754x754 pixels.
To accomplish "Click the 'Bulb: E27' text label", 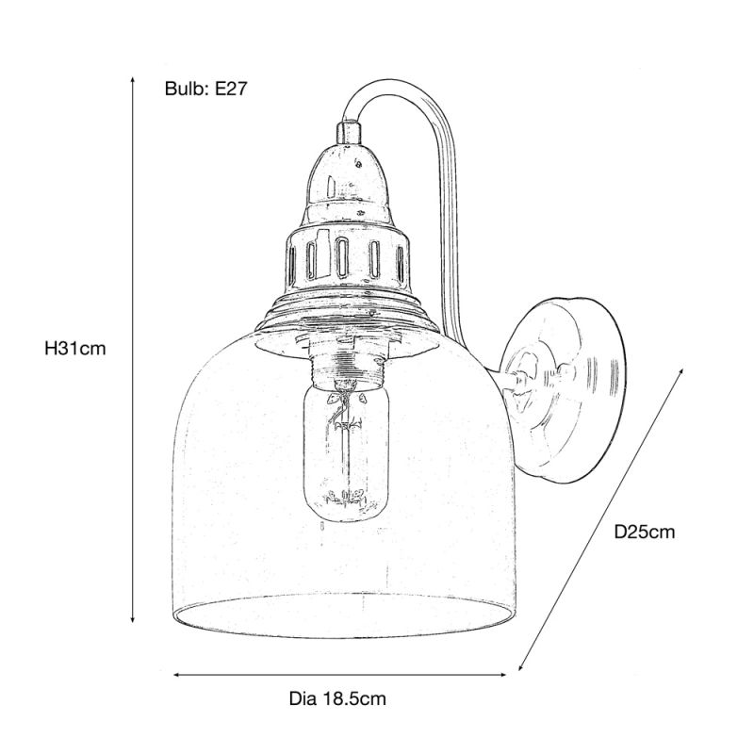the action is (x=205, y=89).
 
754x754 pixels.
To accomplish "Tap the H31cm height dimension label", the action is (x=75, y=348).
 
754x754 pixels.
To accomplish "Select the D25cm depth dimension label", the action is (x=645, y=532).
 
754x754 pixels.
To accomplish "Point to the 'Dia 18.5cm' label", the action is (x=337, y=698).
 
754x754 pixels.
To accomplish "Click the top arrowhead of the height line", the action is (x=133, y=78).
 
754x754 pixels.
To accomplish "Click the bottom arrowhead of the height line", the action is (x=133, y=620).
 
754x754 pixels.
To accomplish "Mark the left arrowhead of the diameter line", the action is (x=176, y=675).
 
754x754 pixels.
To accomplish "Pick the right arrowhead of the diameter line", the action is (x=503, y=675).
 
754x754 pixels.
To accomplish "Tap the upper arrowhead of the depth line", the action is (x=680, y=371).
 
